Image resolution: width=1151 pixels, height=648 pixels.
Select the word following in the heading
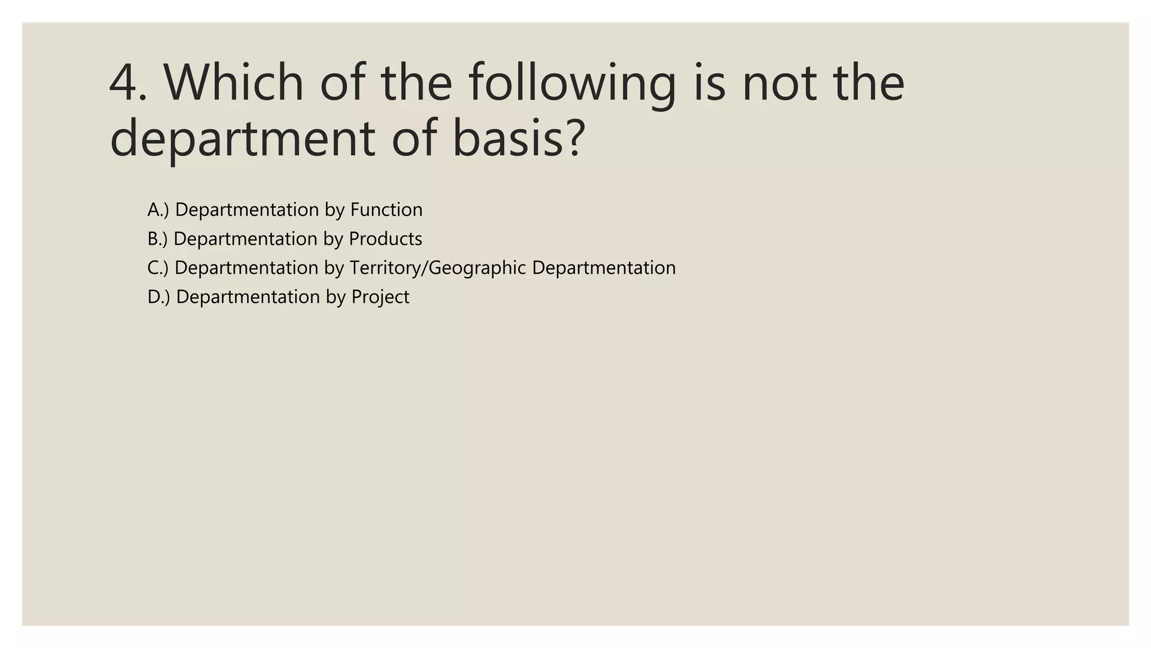pos(572,83)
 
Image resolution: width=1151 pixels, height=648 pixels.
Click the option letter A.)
pos(158,210)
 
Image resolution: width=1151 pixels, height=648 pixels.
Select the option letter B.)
pos(157,239)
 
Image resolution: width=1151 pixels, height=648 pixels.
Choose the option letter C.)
pos(157,268)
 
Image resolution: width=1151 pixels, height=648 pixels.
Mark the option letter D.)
pos(158,297)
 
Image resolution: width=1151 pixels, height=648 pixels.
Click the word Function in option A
pos(386,210)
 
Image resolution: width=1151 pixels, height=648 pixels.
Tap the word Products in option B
pos(385,239)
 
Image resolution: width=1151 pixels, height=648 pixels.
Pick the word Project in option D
pos(380,298)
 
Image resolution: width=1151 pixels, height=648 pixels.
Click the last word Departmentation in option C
pos(604,268)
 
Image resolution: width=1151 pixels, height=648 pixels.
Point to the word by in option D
pos(336,298)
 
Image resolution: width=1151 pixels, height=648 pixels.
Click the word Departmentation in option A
pos(247,210)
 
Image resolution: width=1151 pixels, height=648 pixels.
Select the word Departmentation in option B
pos(246,239)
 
